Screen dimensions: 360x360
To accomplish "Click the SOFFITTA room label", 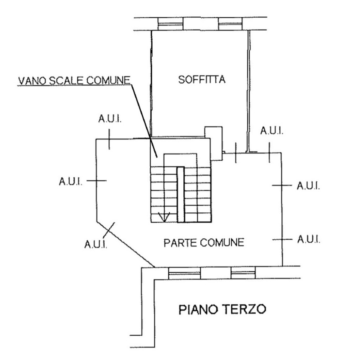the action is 202,79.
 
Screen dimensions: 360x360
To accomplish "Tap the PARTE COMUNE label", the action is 204,242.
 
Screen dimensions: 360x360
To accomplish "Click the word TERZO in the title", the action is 245,309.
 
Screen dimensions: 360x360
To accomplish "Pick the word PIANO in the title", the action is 198,309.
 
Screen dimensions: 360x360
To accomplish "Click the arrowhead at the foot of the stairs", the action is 164,217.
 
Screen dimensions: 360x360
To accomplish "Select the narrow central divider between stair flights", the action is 181,194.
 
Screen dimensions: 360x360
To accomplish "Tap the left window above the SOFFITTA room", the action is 170,24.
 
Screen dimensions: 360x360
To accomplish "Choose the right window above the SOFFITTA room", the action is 230,24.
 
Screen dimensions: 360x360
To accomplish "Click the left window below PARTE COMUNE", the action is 185,273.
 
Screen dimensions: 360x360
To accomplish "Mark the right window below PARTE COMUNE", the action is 243,273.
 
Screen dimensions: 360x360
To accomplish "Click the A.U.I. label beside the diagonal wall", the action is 96,244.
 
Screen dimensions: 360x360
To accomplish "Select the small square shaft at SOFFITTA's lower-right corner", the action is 214,144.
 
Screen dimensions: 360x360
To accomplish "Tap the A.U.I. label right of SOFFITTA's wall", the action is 272,131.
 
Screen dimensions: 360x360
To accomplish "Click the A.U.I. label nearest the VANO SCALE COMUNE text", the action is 110,119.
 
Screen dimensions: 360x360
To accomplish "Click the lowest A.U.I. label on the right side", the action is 309,240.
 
